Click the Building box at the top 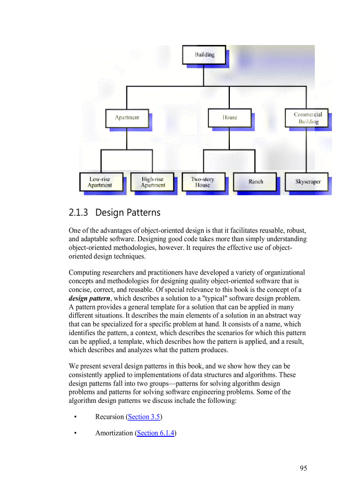coord(204,55)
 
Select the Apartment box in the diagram coord(127,118)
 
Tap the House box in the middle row coord(229,118)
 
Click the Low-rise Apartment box coord(100,182)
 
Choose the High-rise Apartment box coord(153,182)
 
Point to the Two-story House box coord(203,182)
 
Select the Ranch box coord(255,182)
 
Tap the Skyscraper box coord(307,182)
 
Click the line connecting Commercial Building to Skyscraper coord(307,150)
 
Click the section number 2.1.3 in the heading coord(79,212)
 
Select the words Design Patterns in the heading coord(128,212)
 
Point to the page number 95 coord(303,468)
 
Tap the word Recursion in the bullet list coord(109,417)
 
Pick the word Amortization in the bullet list coord(114,433)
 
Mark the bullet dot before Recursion coord(76,417)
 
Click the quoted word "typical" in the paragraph coord(215,298)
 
